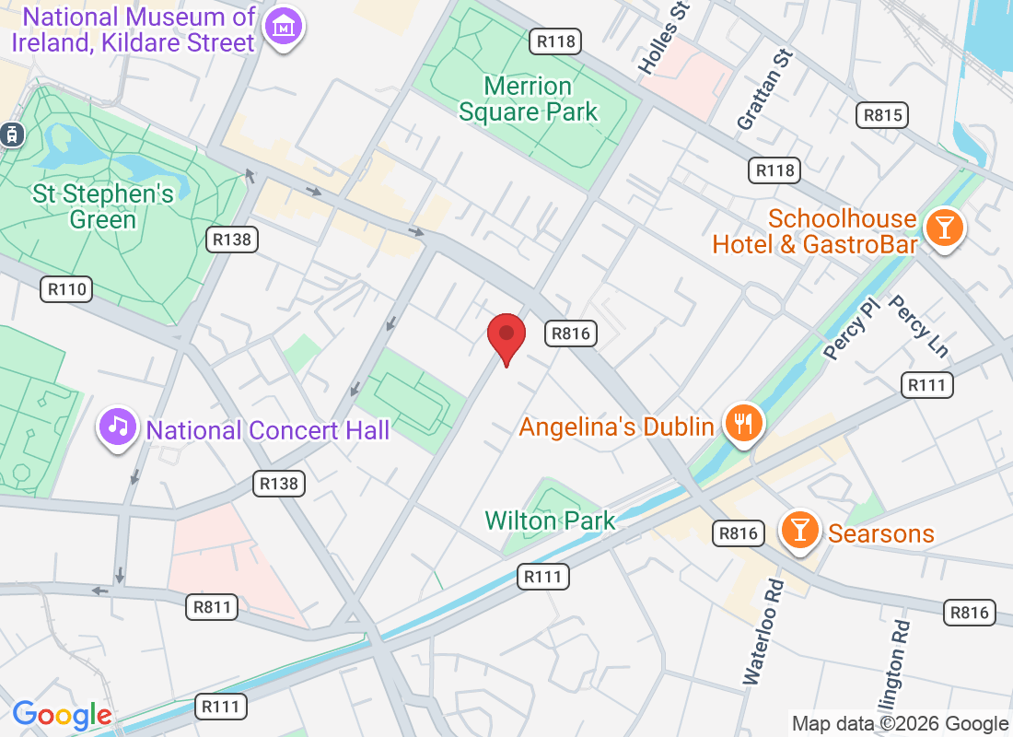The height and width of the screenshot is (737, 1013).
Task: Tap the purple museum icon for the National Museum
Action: [x=284, y=29]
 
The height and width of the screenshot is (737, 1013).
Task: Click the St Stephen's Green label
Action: [x=103, y=206]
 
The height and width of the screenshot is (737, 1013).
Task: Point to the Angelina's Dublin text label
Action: [x=617, y=427]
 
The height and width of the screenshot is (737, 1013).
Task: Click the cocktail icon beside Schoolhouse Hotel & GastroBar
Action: [x=944, y=226]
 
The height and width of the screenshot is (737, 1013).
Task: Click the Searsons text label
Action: [x=881, y=533]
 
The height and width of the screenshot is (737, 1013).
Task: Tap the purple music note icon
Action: [x=118, y=427]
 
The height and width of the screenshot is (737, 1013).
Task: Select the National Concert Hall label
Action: [x=268, y=430]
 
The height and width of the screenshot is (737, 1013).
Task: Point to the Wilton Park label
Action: [x=551, y=521]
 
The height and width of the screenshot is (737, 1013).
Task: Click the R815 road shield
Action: [x=881, y=115]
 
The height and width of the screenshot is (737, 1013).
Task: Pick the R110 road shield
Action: [x=66, y=290]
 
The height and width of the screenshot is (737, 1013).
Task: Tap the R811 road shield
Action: [x=212, y=607]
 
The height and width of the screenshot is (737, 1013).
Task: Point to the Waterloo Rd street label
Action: [x=763, y=632]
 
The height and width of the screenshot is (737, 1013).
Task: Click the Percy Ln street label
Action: [x=917, y=326]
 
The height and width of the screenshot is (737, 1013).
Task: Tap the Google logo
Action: [x=62, y=715]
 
